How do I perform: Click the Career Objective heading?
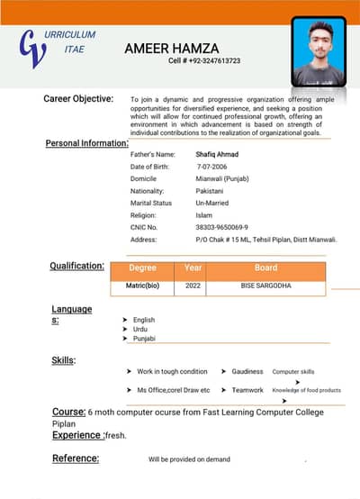[x=78, y=98]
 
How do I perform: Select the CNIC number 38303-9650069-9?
[x=221, y=227]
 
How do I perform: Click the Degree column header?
[x=142, y=268]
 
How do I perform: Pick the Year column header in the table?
[x=193, y=268]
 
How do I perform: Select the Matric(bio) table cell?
[x=142, y=286]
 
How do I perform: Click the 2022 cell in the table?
[x=193, y=286]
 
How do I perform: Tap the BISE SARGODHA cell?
[x=265, y=286]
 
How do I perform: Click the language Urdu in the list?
[x=139, y=329]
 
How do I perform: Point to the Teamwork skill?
[x=247, y=390]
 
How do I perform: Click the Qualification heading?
[x=76, y=266]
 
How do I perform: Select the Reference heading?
[x=75, y=458]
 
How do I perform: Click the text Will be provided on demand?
[x=189, y=459]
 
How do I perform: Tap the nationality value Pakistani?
[x=209, y=191]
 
